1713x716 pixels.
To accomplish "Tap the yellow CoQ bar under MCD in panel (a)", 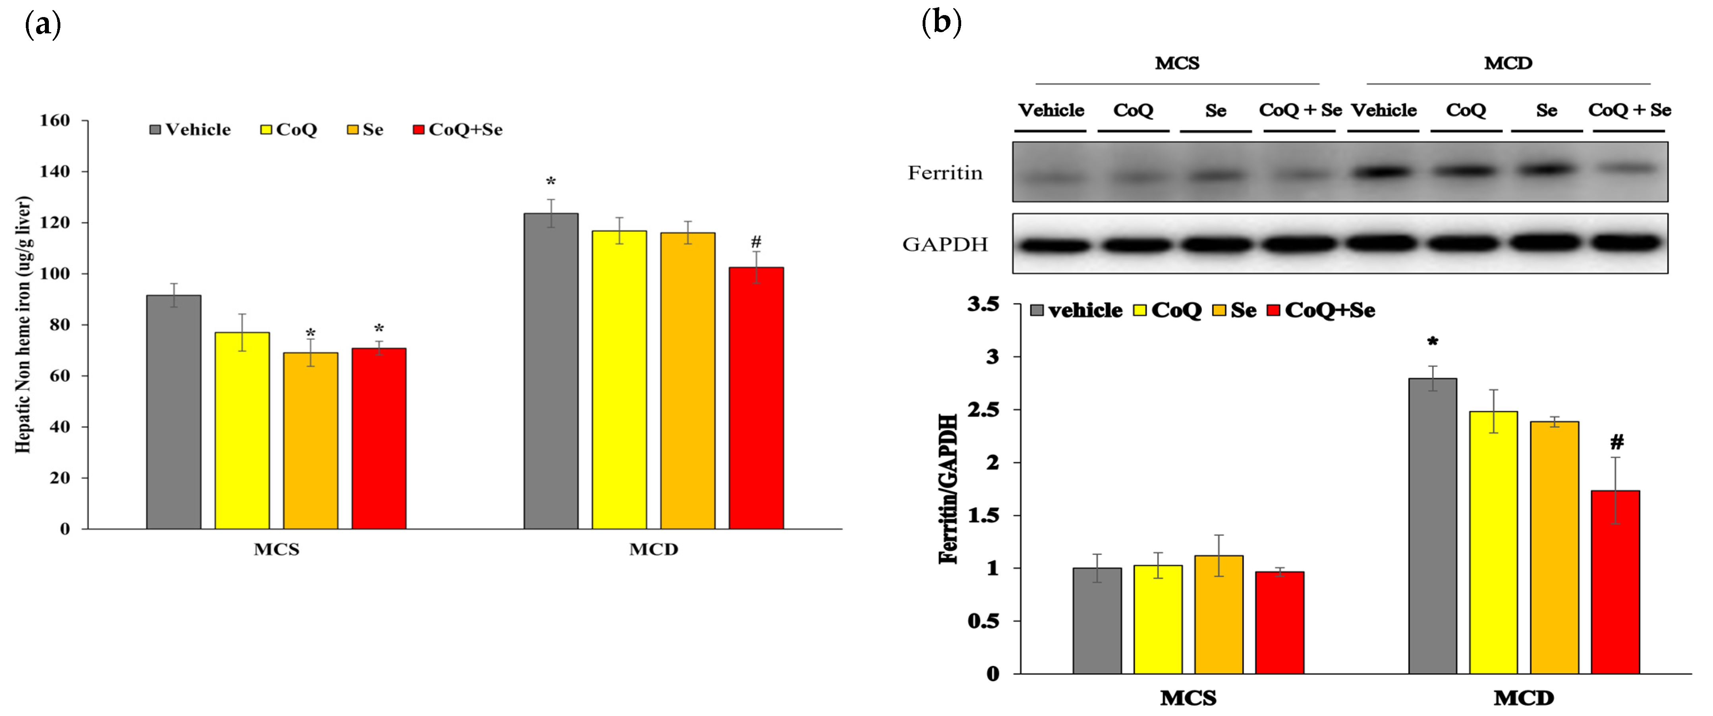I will click(619, 379).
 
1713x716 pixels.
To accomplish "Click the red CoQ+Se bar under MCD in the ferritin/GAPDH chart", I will click(1615, 582).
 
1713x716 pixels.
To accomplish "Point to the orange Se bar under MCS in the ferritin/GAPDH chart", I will click(1218, 614).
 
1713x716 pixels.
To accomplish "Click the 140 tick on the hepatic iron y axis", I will click(54, 171).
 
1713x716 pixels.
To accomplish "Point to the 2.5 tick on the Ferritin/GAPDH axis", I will click(983, 410).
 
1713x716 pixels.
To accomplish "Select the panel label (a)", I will click(42, 25).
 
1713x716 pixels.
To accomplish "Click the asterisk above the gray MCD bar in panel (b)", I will click(1432, 343).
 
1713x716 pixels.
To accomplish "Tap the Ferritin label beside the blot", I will click(945, 173).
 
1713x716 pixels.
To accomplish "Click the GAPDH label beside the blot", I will click(945, 244).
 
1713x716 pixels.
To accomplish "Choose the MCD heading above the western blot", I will click(1508, 63).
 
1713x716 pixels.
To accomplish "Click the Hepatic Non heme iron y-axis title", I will click(23, 324).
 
